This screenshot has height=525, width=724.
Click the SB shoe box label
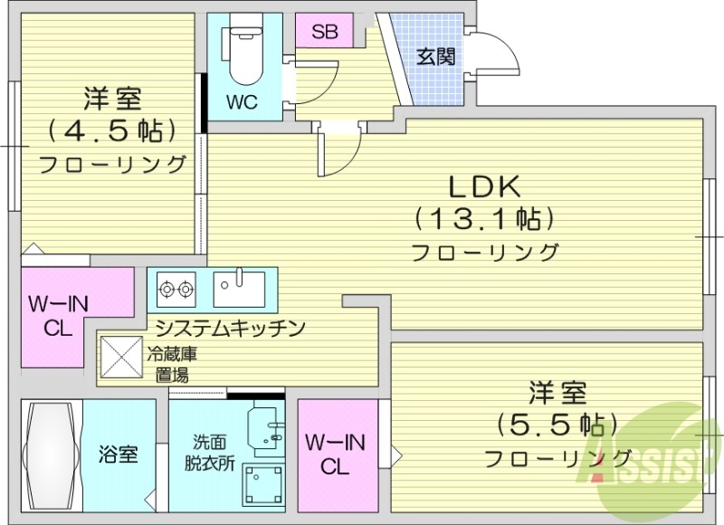click(324, 32)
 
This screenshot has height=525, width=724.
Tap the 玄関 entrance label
click(435, 57)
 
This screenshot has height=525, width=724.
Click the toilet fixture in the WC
click(243, 52)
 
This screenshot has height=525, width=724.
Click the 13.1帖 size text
click(484, 218)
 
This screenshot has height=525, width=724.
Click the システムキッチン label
click(229, 328)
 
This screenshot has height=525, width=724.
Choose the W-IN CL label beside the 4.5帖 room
click(57, 317)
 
